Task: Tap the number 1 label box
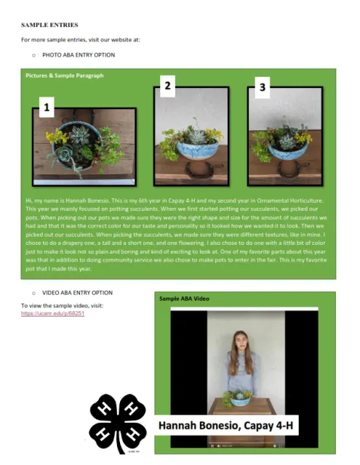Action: (47, 108)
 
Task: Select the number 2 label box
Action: (168, 86)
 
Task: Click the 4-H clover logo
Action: (118, 423)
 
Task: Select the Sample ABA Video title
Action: (184, 299)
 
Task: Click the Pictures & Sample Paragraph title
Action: (65, 76)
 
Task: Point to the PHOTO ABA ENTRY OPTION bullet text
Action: (79, 55)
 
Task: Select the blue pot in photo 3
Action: (286, 150)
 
